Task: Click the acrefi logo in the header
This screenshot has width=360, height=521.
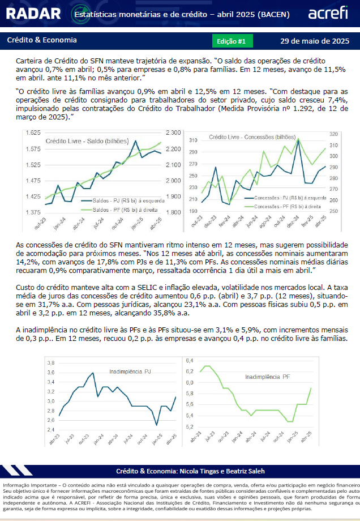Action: click(328, 13)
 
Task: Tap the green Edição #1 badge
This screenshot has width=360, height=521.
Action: click(233, 41)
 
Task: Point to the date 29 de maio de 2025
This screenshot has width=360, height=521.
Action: click(315, 41)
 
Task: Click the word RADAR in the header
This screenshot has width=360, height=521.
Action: click(33, 14)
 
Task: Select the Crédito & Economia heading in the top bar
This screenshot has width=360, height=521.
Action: click(42, 40)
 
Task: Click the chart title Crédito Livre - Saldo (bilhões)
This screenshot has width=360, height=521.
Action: click(87, 141)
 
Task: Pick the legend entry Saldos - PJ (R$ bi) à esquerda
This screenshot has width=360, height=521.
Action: click(128, 200)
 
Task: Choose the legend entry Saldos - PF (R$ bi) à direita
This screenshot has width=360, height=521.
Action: click(125, 210)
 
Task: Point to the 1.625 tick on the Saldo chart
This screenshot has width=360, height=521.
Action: click(33, 133)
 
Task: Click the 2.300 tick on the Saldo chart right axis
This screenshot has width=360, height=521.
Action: click(173, 133)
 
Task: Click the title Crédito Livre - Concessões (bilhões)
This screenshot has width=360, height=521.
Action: click(252, 137)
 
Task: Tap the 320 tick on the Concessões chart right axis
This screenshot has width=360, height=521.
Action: click(333, 134)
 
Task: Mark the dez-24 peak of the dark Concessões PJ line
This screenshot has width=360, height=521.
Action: click(298, 140)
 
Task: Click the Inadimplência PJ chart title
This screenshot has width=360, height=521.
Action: click(130, 371)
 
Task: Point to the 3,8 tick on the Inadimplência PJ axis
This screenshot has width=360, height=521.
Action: click(51, 363)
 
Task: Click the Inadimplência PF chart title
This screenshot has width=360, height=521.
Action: click(268, 377)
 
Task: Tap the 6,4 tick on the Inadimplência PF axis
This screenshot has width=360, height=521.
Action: click(190, 361)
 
